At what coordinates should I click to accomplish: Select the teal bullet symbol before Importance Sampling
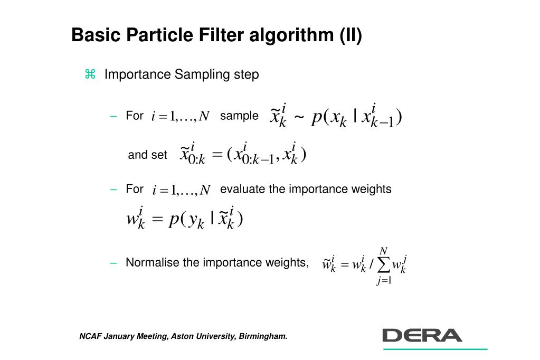(90, 74)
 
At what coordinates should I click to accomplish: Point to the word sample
(239, 116)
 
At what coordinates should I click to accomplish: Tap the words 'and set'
(147, 155)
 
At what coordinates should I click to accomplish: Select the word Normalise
(152, 262)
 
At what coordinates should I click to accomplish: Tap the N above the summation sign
(384, 250)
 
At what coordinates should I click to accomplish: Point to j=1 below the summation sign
(384, 281)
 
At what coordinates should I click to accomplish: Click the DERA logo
(422, 335)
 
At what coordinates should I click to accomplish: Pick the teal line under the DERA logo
(435, 349)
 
